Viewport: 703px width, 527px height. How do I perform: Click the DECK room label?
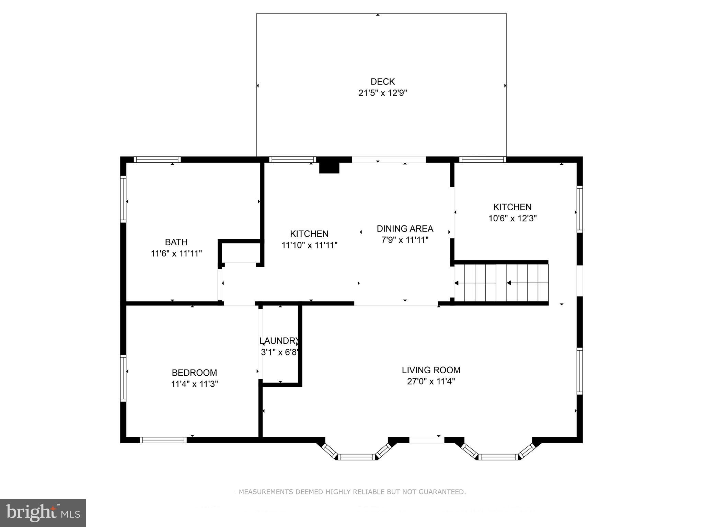tap(382, 82)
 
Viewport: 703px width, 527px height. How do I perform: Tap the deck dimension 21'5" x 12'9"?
tap(382, 93)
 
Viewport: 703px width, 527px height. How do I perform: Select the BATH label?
tap(176, 242)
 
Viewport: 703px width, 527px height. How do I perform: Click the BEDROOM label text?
tap(194, 373)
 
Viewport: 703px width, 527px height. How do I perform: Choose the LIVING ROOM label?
tap(431, 370)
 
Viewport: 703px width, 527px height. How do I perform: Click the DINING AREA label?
tap(405, 229)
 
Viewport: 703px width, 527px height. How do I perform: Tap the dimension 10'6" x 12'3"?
tap(512, 218)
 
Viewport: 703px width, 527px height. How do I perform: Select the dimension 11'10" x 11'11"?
tap(309, 245)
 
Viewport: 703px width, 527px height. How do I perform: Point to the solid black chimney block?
tap(329, 167)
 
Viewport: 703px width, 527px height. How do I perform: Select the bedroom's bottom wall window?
tap(163, 440)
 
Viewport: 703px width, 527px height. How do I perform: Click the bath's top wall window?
tap(157, 160)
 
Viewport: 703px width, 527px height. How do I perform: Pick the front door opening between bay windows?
tap(426, 440)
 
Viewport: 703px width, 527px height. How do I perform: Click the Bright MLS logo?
tap(43, 513)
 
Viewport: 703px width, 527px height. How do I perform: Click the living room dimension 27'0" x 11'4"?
tap(431, 382)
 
